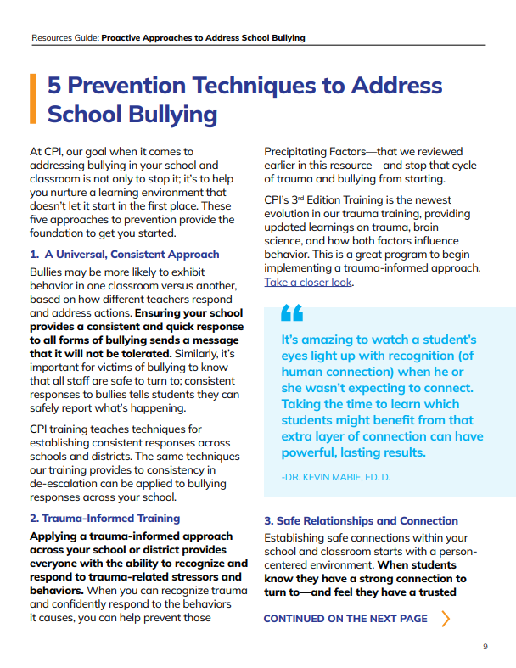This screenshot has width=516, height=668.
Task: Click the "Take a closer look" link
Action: click(x=307, y=283)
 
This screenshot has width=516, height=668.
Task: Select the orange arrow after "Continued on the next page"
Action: click(x=446, y=618)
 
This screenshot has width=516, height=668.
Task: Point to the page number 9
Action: click(x=485, y=647)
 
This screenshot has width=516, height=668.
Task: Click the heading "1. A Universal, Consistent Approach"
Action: click(x=124, y=254)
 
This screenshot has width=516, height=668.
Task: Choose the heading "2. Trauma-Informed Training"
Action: click(x=104, y=518)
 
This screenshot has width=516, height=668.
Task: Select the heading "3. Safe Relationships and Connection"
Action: click(x=361, y=520)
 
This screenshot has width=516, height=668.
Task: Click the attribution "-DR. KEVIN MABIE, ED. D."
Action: click(x=334, y=477)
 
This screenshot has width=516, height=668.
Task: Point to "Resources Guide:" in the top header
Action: click(x=64, y=37)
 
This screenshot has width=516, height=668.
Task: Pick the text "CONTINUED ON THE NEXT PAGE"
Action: click(x=345, y=619)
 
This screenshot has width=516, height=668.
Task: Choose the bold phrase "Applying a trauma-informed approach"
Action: click(x=131, y=536)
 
